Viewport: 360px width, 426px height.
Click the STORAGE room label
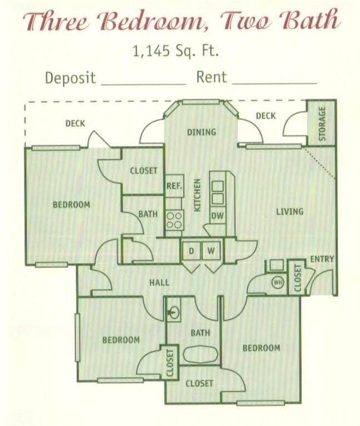pos(322,123)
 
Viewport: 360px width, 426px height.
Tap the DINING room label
pos(201,132)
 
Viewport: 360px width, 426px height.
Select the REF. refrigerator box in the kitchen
pos(174,186)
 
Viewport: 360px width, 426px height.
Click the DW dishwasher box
pos(217,216)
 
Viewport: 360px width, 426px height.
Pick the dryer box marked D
pos(191,251)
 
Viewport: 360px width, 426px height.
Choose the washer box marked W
pos(211,251)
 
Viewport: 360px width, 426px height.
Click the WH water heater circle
pos(277,283)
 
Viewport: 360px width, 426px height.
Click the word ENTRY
pos(322,259)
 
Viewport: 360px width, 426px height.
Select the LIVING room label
pos(289,211)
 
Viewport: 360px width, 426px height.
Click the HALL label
pos(159,283)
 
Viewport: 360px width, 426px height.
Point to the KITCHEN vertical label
pos(197,195)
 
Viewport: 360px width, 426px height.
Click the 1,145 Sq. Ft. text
pos(176,51)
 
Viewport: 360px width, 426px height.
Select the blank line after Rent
pos(274,82)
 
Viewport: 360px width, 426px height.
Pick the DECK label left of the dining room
pos(75,123)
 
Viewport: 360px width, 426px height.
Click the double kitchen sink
pos(217,191)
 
